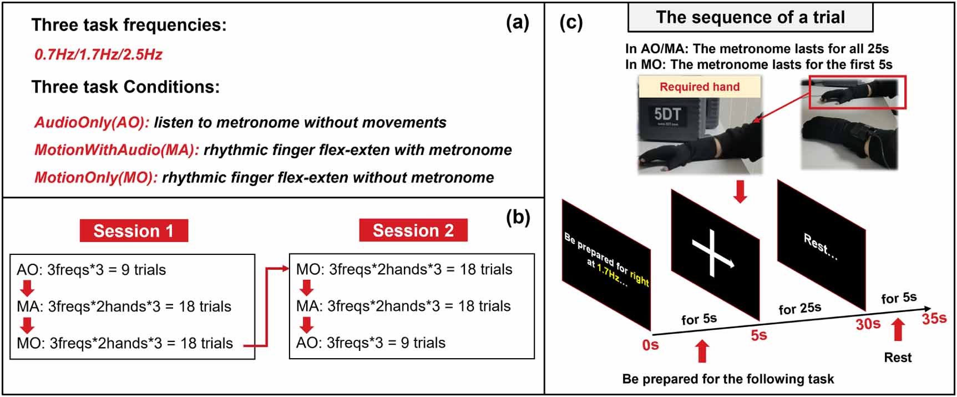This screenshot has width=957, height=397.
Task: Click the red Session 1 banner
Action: [x=134, y=230]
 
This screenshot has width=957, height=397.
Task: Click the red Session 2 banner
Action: [x=413, y=230]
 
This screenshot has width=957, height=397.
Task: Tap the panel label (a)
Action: [x=517, y=23]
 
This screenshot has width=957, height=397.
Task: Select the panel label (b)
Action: [x=518, y=217]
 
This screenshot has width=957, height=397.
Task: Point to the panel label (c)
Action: [x=571, y=23]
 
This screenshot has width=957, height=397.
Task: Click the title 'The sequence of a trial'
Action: [x=750, y=17]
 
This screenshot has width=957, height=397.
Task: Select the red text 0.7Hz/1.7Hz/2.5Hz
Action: [x=98, y=54]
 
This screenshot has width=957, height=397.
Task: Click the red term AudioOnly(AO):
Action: [x=92, y=122]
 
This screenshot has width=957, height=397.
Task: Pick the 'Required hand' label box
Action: [x=700, y=87]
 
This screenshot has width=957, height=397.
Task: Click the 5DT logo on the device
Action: [x=667, y=114]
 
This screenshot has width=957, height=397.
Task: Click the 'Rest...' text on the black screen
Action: [x=821, y=247]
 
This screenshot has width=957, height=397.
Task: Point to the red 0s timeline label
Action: [x=650, y=345]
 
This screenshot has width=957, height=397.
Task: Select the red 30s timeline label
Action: [x=868, y=324]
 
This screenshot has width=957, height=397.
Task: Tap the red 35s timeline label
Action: [x=934, y=319]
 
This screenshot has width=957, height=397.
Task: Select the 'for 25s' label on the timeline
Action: [x=799, y=308]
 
